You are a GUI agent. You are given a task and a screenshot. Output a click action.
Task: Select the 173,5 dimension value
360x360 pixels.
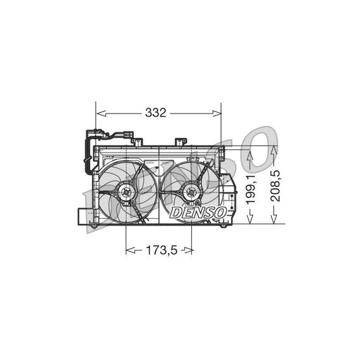(x=160, y=251)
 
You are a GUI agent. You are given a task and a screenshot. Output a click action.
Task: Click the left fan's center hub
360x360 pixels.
(x=126, y=194)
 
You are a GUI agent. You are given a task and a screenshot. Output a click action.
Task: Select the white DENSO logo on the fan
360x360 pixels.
(x=198, y=213)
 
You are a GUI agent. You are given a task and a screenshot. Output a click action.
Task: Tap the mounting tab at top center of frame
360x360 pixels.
(x=180, y=142)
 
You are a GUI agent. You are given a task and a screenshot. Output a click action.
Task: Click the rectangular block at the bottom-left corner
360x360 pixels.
(x=84, y=217)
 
